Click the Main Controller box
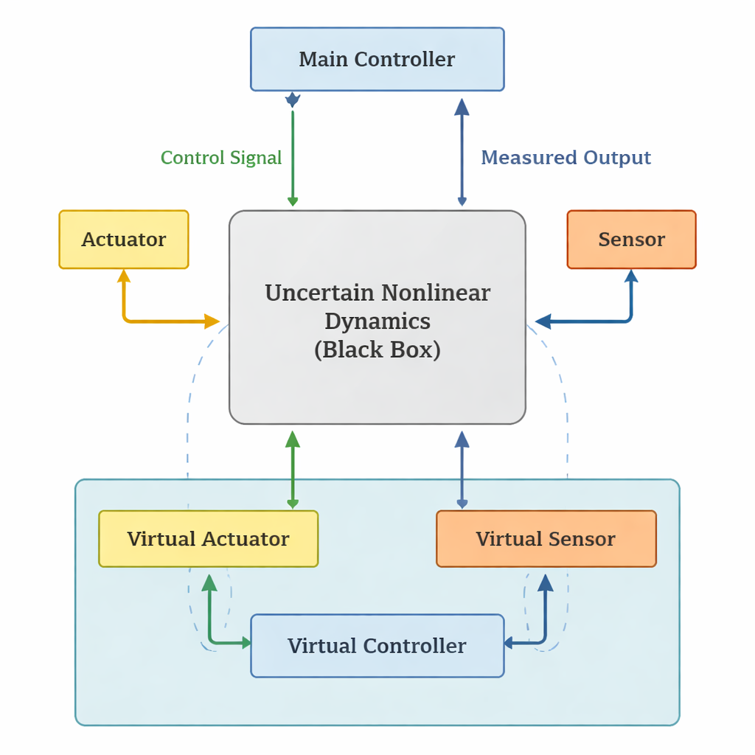pos(377,59)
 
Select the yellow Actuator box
pos(124,240)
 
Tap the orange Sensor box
pos(631,240)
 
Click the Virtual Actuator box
pos(208,539)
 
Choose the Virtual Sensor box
pos(546,539)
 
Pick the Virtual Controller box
pos(377,646)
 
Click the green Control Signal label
pos(221,158)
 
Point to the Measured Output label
pos(566,158)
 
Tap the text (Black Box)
pos(377,349)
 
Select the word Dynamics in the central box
pos(377,321)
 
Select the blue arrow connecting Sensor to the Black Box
pos(590,321)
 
